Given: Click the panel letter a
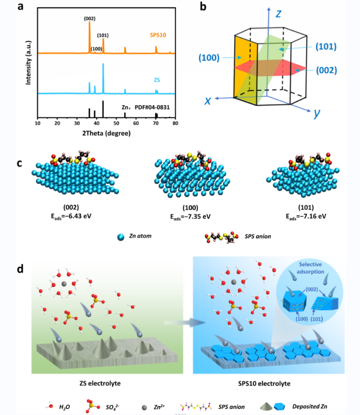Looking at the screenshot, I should (x=20, y=7).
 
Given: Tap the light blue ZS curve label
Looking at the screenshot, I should (x=157, y=80).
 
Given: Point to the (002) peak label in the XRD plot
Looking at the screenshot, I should (x=90, y=18).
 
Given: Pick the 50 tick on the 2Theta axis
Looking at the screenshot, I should (x=116, y=123).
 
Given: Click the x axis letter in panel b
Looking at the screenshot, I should (x=207, y=101).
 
